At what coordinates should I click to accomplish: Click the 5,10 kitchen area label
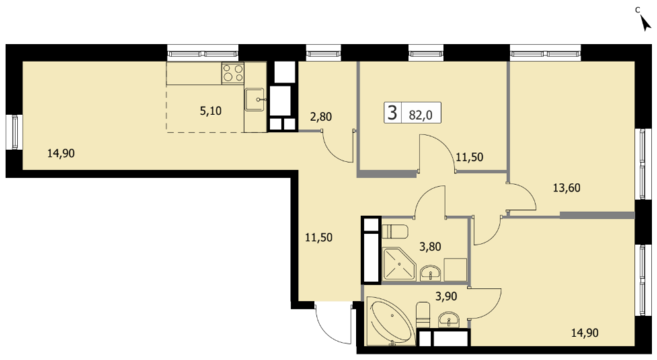[210, 111]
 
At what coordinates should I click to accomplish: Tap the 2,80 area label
[321, 116]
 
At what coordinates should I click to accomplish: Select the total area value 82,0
[421, 114]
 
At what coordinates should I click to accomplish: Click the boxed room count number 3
[392, 113]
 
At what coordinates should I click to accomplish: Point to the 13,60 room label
[566, 188]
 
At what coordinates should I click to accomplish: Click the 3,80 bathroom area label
[430, 246]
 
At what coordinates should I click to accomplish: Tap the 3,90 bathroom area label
[447, 296]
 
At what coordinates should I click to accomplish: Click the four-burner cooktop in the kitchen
[233, 73]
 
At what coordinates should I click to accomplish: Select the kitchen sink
[255, 100]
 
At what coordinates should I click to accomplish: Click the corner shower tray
[399, 264]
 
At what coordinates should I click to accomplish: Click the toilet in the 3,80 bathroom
[395, 231]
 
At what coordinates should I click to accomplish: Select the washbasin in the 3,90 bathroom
[449, 320]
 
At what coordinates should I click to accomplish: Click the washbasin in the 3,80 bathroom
[430, 273]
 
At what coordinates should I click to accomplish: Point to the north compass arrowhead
[646, 24]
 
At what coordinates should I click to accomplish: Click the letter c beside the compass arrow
[637, 9]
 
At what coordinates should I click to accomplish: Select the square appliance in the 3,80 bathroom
[455, 269]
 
